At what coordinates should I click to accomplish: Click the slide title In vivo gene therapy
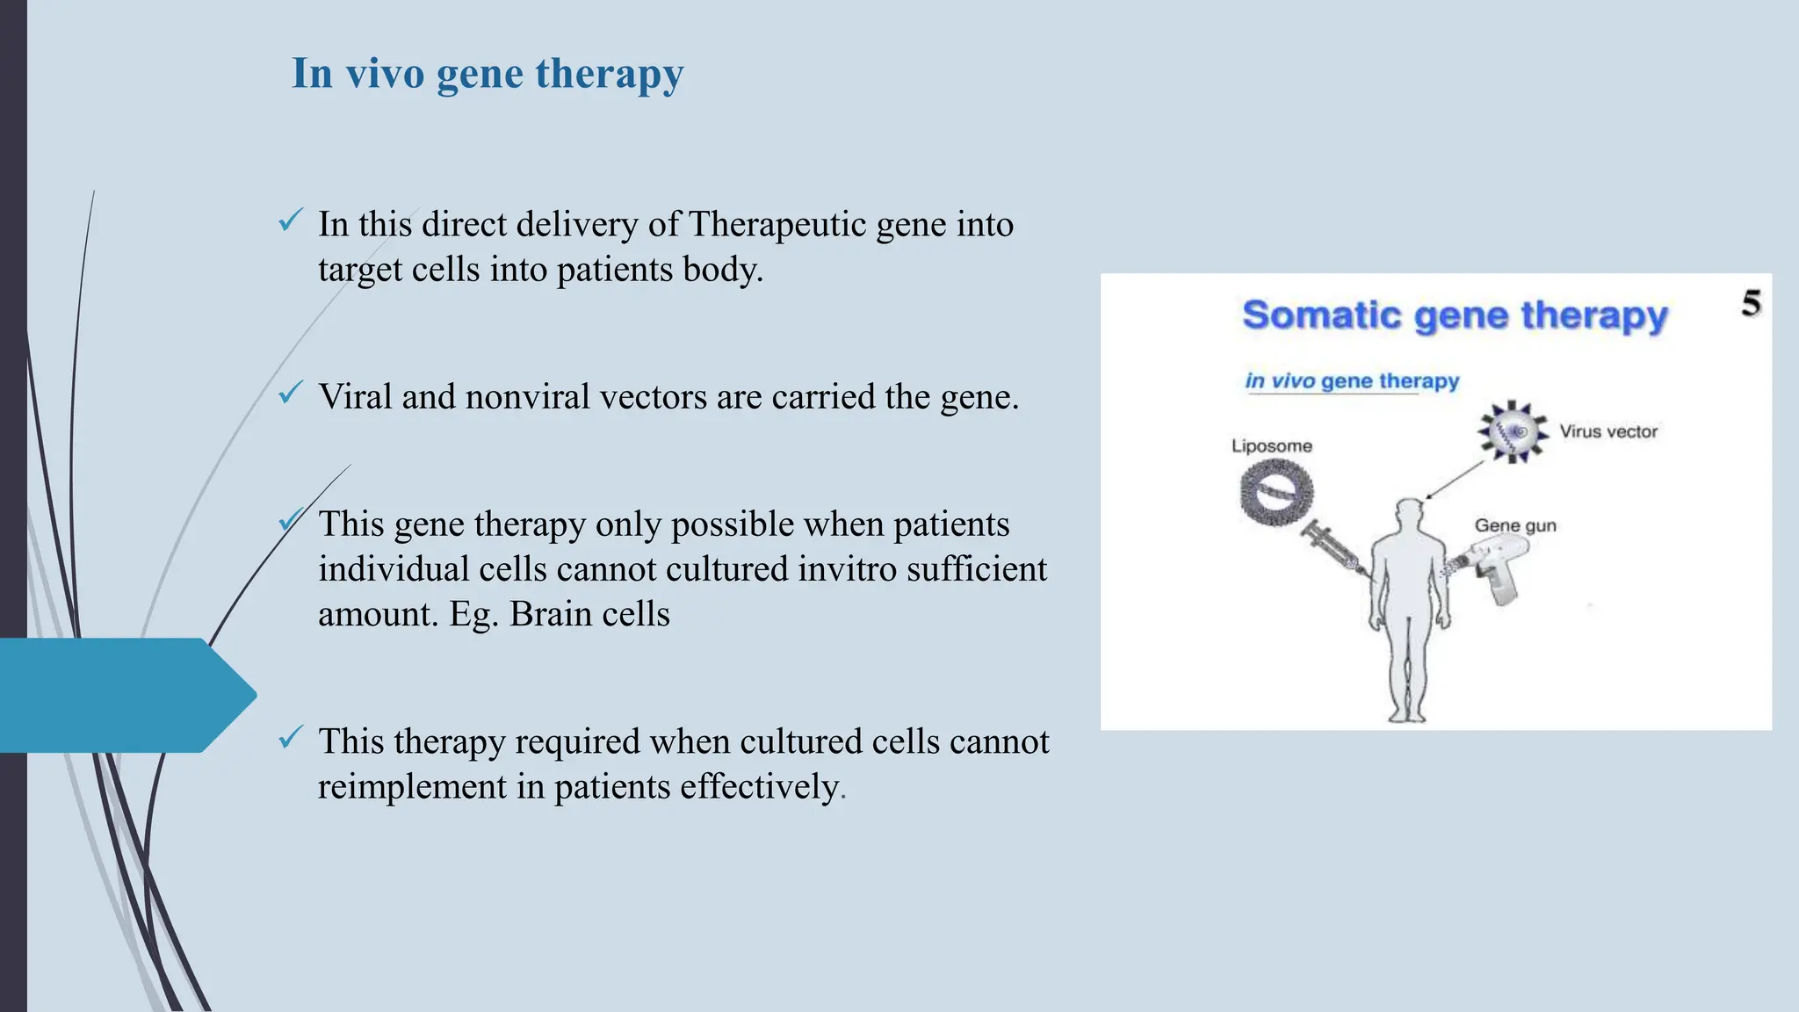(488, 73)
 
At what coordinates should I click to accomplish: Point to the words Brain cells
(589, 614)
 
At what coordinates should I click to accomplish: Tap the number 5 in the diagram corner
(1751, 304)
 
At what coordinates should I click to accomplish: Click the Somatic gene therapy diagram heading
(1454, 315)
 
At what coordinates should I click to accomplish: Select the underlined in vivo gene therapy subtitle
(1351, 381)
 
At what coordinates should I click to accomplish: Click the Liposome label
(1271, 446)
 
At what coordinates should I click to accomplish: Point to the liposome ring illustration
(1276, 494)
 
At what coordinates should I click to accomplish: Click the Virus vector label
(1608, 431)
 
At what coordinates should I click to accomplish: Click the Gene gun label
(1514, 525)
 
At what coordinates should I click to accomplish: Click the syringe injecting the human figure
(1331, 550)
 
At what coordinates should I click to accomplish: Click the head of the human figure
(1408, 516)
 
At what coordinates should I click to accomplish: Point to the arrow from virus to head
(1454, 480)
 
